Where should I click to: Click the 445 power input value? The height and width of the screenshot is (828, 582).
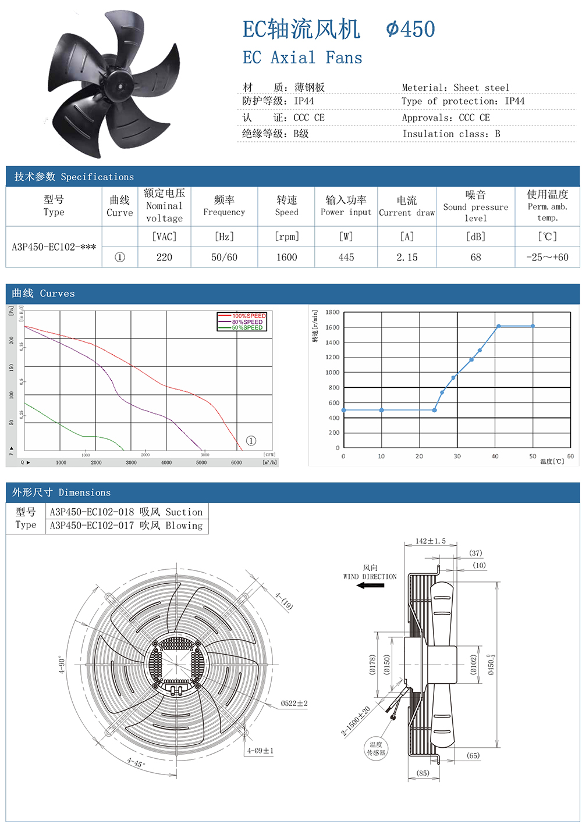click(346, 257)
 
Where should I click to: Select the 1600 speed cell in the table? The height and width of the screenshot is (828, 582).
click(286, 257)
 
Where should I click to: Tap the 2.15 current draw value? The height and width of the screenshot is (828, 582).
click(407, 257)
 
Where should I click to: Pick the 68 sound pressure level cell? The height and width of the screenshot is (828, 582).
click(475, 257)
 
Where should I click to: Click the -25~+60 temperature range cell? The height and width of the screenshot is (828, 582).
click(547, 257)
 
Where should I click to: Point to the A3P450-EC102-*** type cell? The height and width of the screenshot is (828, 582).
click(54, 247)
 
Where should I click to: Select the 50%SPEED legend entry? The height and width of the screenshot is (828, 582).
click(247, 327)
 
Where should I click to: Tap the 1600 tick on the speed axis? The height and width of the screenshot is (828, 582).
click(332, 327)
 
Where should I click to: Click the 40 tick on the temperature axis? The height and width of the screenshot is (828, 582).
click(495, 456)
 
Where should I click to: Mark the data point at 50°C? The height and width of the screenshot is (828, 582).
click(533, 326)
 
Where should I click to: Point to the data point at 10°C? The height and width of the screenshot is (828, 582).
click(382, 411)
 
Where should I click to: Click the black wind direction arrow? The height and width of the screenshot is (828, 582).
click(370, 586)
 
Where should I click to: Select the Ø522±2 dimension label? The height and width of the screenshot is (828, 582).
click(294, 703)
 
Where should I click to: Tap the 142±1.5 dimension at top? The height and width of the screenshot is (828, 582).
click(430, 541)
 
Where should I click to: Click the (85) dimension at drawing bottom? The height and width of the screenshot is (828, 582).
click(423, 773)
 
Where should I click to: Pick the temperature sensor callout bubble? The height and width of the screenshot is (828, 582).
click(376, 748)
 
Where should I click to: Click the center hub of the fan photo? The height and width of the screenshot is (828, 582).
click(121, 87)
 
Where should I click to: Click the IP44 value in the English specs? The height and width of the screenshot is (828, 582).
click(514, 101)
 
